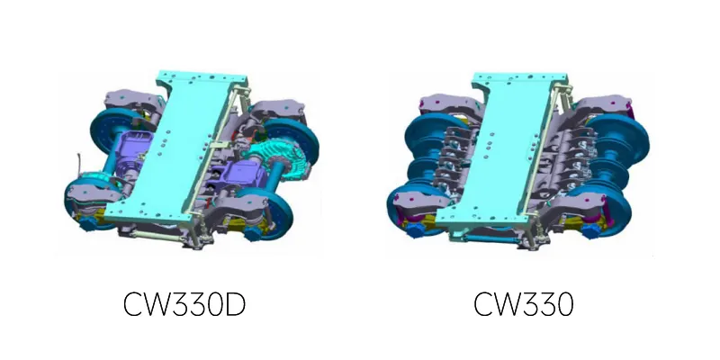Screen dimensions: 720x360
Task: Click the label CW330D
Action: point(184,304)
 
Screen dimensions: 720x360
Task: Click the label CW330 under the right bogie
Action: point(524,304)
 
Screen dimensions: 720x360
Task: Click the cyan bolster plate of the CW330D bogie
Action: point(184,147)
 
